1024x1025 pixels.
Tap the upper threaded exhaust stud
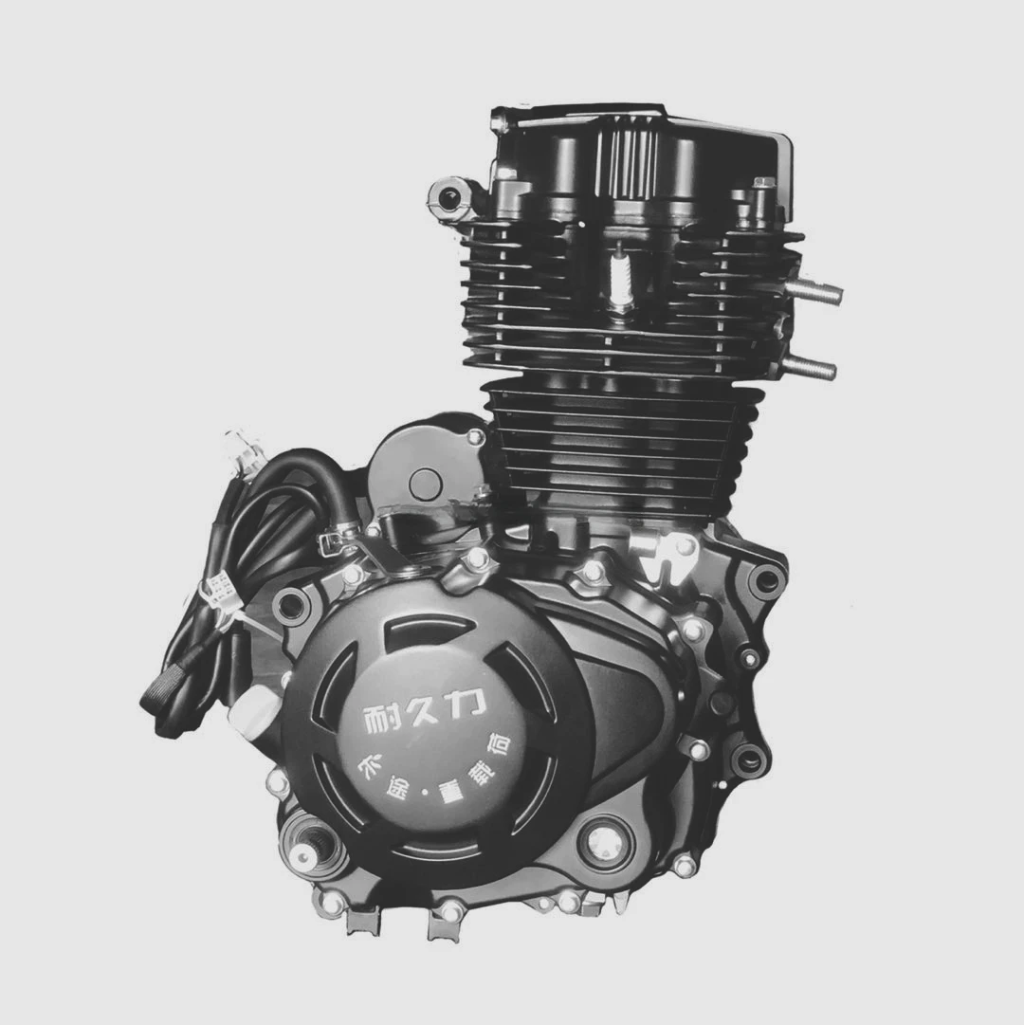814,290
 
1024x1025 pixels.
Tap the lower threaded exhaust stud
809,366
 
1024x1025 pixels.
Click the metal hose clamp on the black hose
337,540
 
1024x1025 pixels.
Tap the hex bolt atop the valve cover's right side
761,186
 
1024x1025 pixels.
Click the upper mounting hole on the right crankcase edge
765,581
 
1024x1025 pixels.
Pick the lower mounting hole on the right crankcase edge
749,759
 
